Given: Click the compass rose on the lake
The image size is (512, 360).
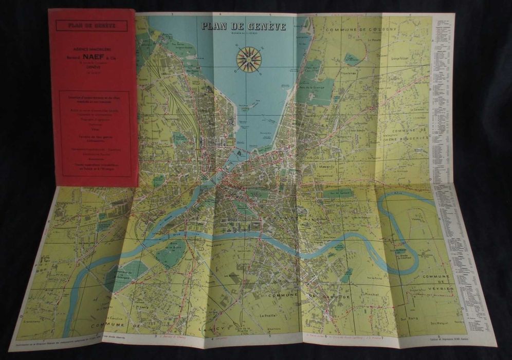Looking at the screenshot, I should [x=249, y=59].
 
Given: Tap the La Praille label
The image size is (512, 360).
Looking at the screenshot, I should [x=269, y=315].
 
